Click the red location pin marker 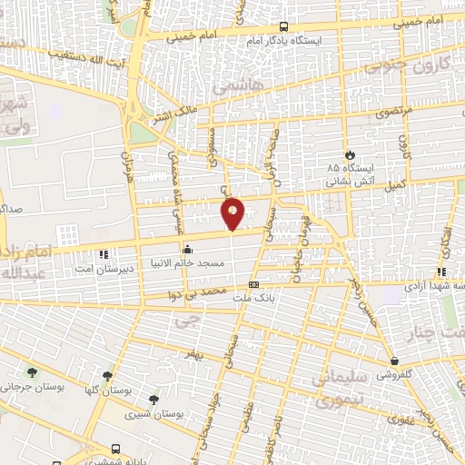click(x=232, y=213)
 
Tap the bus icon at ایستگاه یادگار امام click(x=283, y=26)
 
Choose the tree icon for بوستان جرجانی click(x=34, y=372)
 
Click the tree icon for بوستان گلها click(x=108, y=375)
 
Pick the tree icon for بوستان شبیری click(x=153, y=400)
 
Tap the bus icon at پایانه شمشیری click(x=116, y=449)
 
